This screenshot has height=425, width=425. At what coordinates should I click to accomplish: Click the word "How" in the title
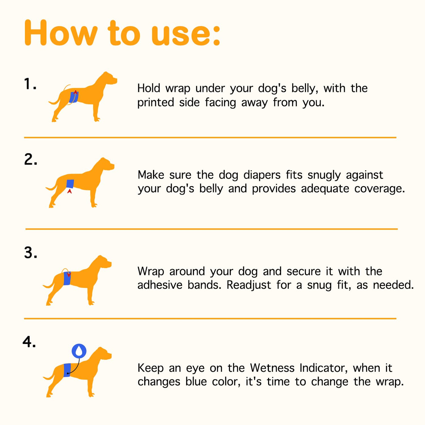click(x=61, y=33)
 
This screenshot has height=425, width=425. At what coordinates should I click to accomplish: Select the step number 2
click(x=31, y=159)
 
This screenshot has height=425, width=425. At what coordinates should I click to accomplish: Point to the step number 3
click(x=31, y=252)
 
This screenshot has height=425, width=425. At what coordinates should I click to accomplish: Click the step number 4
click(x=29, y=342)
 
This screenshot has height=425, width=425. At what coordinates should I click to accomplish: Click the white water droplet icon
click(x=79, y=351)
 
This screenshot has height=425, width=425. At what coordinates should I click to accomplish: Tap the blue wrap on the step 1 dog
click(x=74, y=97)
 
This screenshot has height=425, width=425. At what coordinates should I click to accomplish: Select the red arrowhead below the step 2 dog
click(x=70, y=191)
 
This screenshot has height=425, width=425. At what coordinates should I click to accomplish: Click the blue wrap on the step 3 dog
click(x=67, y=278)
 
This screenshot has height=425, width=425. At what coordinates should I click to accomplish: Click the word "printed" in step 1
click(x=156, y=103)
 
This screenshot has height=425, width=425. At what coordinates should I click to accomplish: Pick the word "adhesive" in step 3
click(x=160, y=285)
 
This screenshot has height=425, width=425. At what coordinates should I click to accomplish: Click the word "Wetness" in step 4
click(x=272, y=368)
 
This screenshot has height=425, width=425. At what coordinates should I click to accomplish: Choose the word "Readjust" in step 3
click(x=249, y=285)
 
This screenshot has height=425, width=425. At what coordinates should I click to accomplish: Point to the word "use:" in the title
click(x=186, y=35)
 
